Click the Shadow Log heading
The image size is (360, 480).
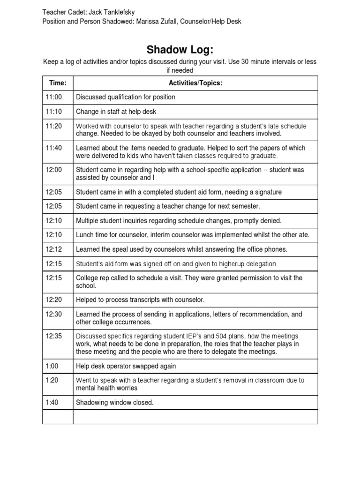coord(180,50)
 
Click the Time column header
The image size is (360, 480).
coord(58,83)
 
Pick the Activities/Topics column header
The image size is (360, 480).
coord(195,83)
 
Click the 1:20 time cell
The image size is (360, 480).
coord(51,380)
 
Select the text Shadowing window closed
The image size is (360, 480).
coord(114,402)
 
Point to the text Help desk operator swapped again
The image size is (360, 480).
coord(126,366)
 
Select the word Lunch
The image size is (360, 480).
coord(85,235)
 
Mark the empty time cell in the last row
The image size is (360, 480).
coord(58,417)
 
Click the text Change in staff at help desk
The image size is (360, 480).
coord(116,112)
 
